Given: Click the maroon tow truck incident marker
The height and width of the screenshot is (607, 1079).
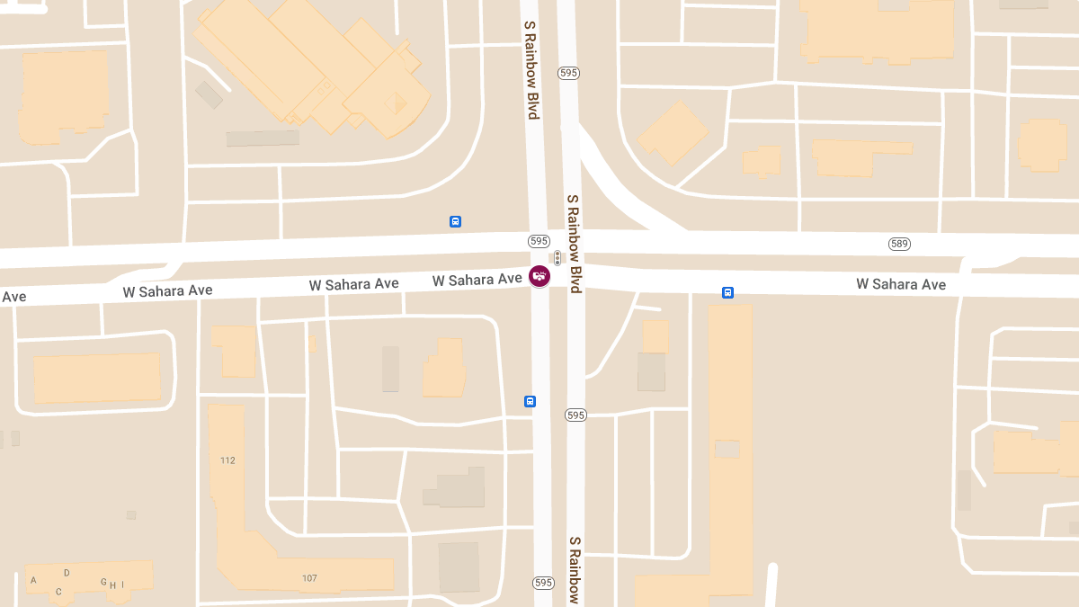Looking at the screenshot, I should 539,276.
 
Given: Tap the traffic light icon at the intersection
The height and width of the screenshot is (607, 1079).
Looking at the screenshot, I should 557,258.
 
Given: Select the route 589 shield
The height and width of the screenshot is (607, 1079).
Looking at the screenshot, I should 899,244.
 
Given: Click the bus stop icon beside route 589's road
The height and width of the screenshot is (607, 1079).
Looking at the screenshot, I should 455,221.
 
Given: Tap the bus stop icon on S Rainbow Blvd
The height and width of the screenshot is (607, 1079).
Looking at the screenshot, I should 530,401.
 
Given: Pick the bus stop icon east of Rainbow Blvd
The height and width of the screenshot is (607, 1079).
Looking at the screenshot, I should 727,292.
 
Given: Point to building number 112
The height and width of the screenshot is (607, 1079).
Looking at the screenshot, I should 227,460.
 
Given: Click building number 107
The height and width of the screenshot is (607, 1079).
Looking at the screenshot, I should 309,577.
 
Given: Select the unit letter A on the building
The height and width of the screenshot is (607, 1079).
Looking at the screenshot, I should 33,580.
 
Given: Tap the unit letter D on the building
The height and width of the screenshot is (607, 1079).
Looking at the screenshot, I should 67,573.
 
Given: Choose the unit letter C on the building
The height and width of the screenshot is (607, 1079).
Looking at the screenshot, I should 58,591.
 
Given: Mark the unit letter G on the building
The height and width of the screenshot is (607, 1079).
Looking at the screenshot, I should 103,582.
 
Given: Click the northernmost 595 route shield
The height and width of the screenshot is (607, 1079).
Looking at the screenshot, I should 567,73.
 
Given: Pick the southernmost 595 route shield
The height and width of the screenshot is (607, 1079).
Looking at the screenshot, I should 542,583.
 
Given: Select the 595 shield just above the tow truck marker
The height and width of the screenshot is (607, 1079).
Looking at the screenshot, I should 539,241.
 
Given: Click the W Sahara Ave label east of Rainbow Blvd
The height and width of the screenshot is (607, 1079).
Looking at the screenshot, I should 900,284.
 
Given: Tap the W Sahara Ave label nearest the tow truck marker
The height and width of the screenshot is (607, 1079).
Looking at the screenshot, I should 477,281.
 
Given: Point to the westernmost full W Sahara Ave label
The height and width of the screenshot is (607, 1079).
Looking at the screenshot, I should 167,290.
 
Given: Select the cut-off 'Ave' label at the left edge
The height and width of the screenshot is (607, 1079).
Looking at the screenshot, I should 13,297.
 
